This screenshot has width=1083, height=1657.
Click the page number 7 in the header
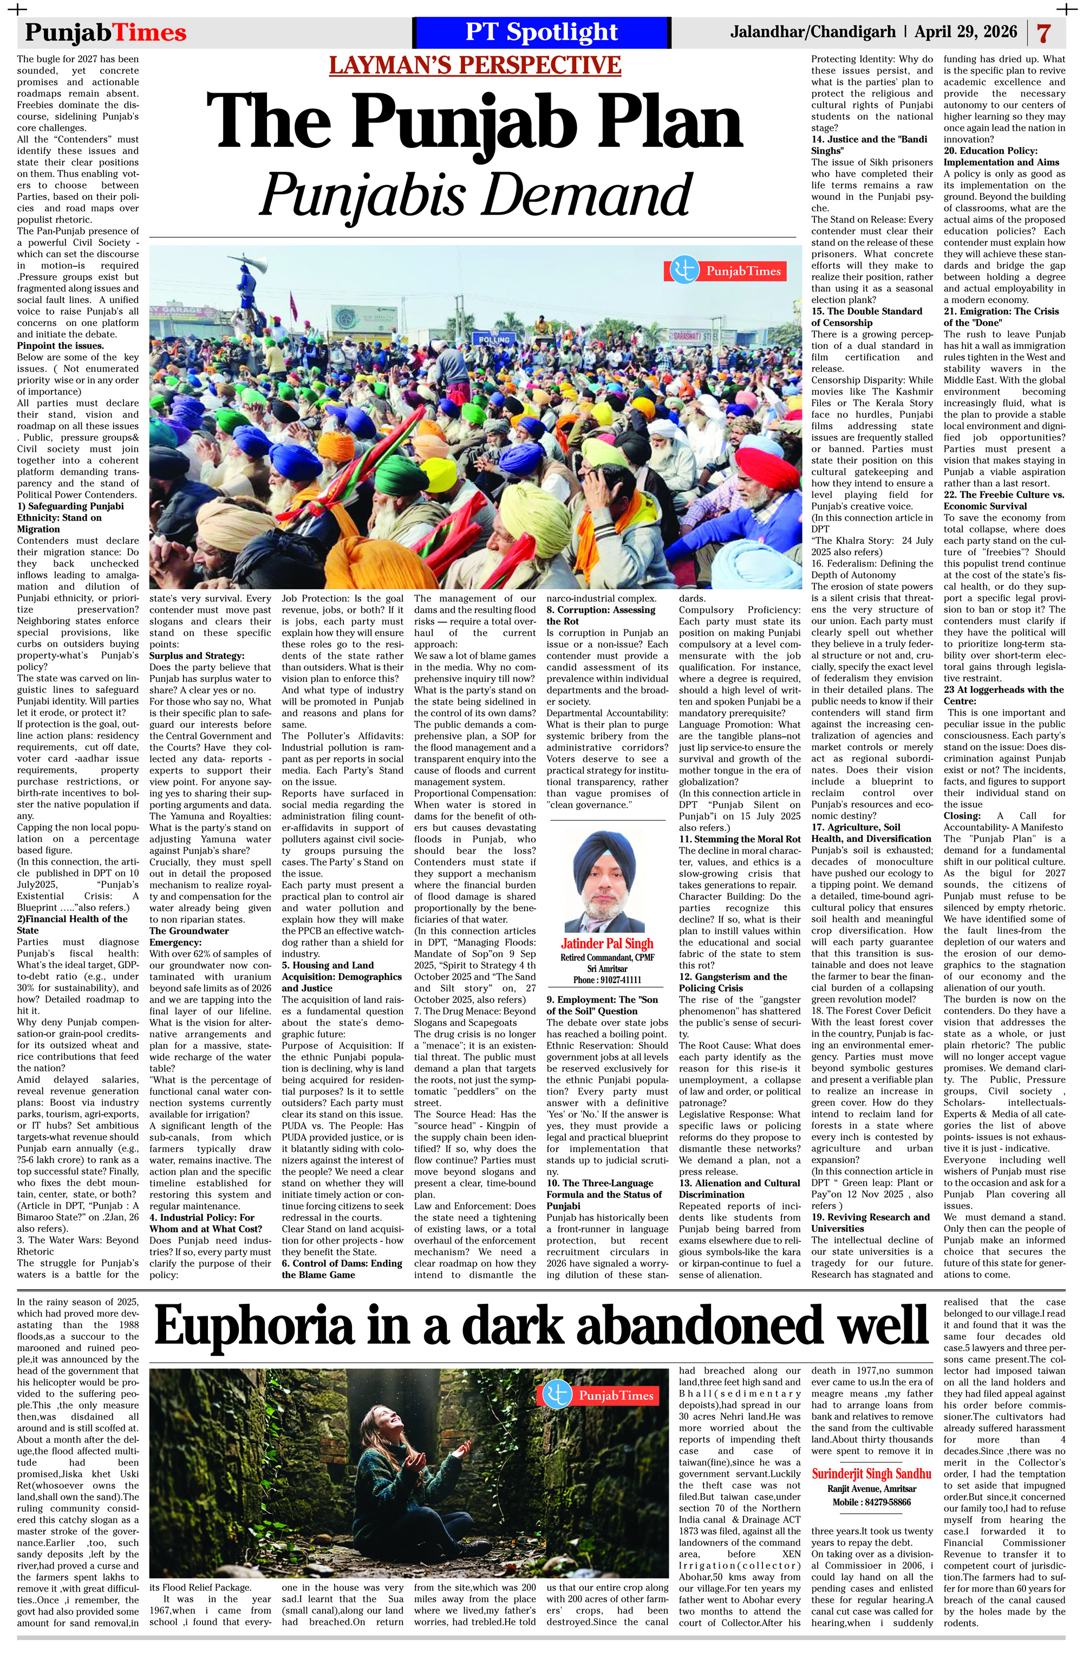click(1043, 33)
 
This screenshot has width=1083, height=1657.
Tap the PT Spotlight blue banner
click(541, 32)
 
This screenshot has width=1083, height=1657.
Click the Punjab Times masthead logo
click(106, 33)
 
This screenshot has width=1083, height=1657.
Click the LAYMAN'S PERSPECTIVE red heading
click(475, 65)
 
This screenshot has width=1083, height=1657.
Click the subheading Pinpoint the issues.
click(61, 346)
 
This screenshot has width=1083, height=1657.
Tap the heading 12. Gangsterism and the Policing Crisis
click(733, 983)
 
